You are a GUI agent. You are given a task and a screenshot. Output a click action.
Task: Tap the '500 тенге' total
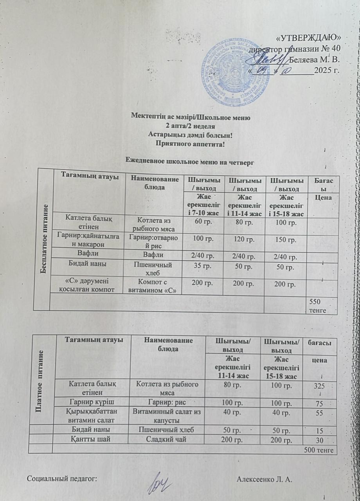tap(318, 451)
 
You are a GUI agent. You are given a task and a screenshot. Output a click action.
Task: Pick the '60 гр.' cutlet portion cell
tap(204, 222)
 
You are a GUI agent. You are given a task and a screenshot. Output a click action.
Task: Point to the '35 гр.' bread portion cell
tap(204, 266)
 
